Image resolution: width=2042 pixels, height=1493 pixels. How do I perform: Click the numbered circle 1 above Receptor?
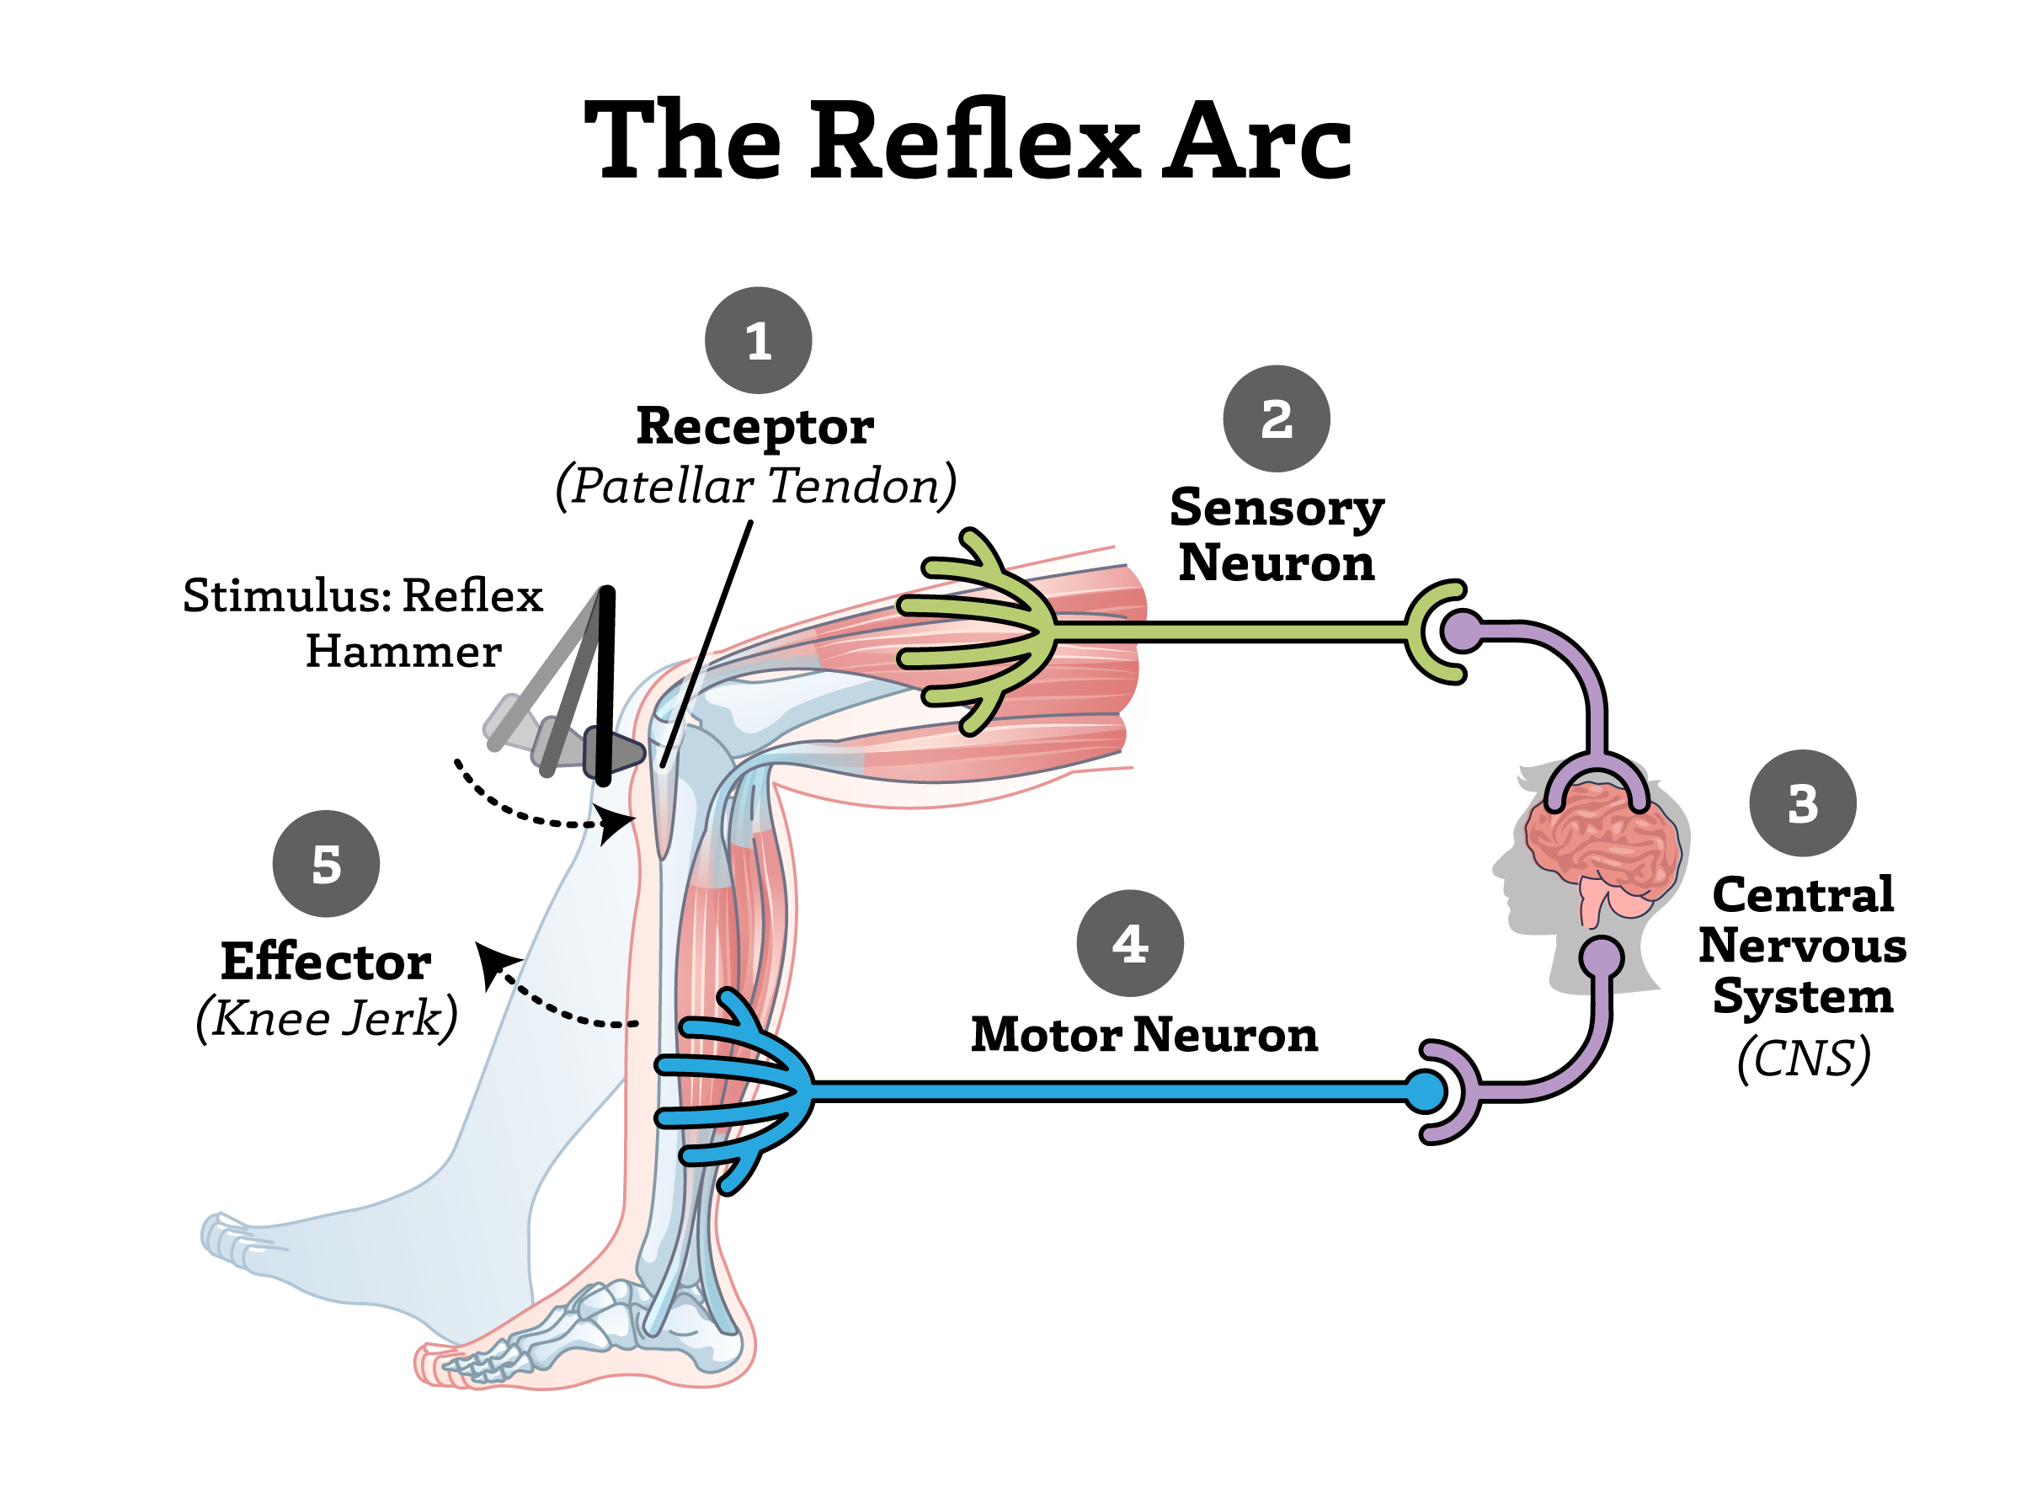(x=758, y=341)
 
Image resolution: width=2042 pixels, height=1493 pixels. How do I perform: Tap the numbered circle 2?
(x=1276, y=419)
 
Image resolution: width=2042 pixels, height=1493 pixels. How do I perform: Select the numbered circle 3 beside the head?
(x=1803, y=802)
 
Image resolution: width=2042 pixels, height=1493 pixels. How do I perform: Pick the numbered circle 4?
(x=1129, y=943)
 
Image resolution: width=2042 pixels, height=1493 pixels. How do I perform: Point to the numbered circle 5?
(x=326, y=864)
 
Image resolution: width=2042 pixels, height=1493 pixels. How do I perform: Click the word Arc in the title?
(x=1256, y=140)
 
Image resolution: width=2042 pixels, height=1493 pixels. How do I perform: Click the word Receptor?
(x=754, y=427)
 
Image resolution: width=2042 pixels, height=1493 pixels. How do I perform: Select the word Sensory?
(x=1276, y=508)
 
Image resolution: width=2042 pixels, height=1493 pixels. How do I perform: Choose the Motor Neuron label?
(x=1144, y=1035)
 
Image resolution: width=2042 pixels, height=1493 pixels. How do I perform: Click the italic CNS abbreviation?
(x=1803, y=1058)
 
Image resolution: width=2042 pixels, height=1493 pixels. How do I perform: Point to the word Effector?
(x=325, y=962)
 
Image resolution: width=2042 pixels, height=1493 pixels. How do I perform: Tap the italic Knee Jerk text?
(x=326, y=1020)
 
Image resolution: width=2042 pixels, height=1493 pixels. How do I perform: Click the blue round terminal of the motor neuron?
(x=1426, y=1090)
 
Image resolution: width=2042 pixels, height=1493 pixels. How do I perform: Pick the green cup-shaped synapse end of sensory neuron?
(x=1432, y=631)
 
